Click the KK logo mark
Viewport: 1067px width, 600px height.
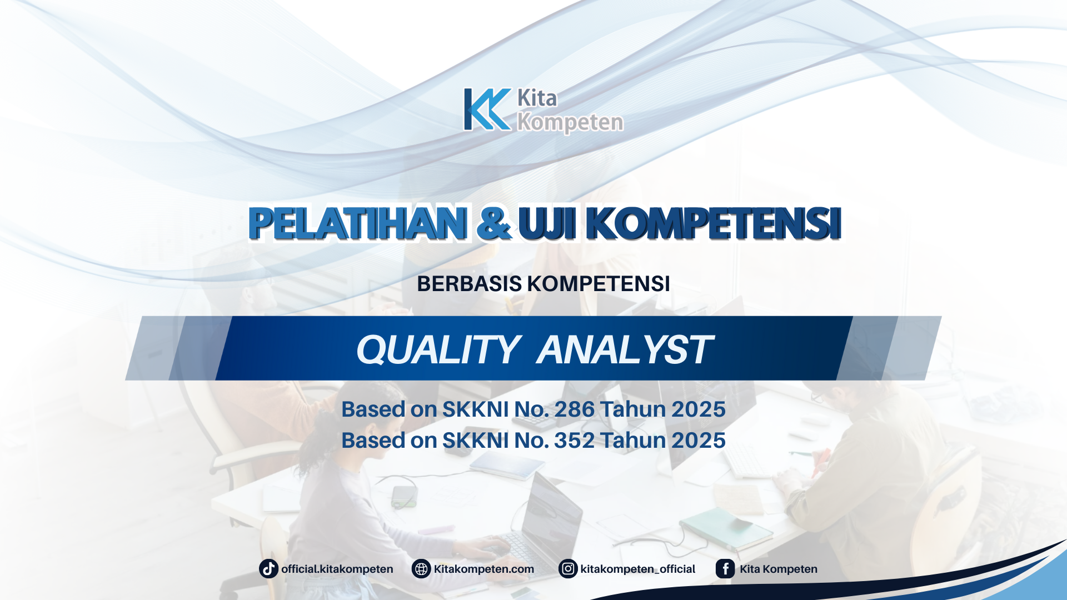coord(487,109)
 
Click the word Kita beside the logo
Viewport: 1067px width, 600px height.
coord(537,98)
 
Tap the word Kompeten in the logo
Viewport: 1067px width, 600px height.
coord(570,123)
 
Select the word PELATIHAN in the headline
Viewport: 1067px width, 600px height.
coord(357,223)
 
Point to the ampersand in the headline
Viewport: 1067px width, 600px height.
coord(493,223)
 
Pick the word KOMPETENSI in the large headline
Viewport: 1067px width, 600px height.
coord(713,223)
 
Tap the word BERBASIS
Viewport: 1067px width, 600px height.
coord(469,284)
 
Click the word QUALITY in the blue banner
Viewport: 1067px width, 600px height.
coord(437,350)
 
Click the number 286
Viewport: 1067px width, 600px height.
coord(574,409)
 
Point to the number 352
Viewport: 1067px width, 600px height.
coord(574,441)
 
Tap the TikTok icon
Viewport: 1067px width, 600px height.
coord(268,569)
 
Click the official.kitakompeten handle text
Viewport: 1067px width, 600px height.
coord(337,569)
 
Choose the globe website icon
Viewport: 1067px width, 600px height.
coord(421,569)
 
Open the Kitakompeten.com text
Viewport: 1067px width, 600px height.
coord(483,569)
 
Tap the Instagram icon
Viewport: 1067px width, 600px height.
coord(568,569)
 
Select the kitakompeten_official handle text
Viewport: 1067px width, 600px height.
coord(637,569)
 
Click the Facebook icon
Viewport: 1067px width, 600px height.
coord(725,569)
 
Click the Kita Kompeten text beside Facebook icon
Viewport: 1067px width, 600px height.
coord(778,569)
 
